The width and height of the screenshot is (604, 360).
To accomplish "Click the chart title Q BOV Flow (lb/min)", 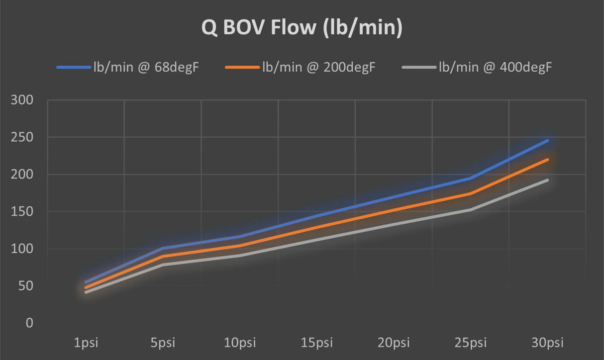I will point(302,28).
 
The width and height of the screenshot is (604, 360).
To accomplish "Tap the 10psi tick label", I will point(239,343).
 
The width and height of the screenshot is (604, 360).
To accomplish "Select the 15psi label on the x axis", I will point(316,343).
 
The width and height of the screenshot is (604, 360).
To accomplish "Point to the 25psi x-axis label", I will point(471,343).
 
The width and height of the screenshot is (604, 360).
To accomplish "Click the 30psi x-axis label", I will point(547,343).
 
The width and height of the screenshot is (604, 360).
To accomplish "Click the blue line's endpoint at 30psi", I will point(547,141).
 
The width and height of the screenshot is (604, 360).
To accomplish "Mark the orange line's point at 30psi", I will point(547,160).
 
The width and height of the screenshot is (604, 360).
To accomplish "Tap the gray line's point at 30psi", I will point(547,180).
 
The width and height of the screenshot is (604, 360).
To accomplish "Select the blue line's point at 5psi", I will point(163,248).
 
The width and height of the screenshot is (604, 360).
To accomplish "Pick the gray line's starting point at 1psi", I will point(86,292).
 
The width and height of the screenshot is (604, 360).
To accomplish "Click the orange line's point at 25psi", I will point(471,193).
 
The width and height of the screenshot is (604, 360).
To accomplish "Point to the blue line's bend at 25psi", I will point(471,178).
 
